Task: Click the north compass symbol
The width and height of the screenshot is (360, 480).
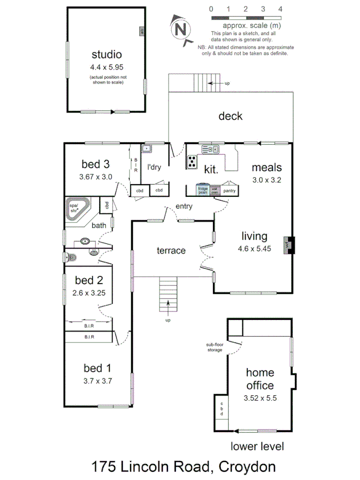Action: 181,28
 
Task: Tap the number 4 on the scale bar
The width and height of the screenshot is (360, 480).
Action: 280,9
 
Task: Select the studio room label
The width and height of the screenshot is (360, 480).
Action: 107,54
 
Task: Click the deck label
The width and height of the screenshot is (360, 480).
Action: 230,116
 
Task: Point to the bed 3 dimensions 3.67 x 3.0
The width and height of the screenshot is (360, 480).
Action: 97,177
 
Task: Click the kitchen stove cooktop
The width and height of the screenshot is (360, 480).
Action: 192,161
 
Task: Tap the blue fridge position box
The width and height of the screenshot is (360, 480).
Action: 203,190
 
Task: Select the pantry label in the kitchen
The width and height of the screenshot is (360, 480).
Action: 229,190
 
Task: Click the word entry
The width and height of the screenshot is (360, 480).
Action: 184,206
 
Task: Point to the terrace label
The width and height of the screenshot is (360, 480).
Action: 171,250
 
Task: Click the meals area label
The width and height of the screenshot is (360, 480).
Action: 267,167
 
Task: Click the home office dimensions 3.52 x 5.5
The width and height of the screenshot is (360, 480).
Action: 260,398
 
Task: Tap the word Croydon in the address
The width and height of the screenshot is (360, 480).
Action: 246,467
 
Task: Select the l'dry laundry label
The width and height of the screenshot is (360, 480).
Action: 154,167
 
